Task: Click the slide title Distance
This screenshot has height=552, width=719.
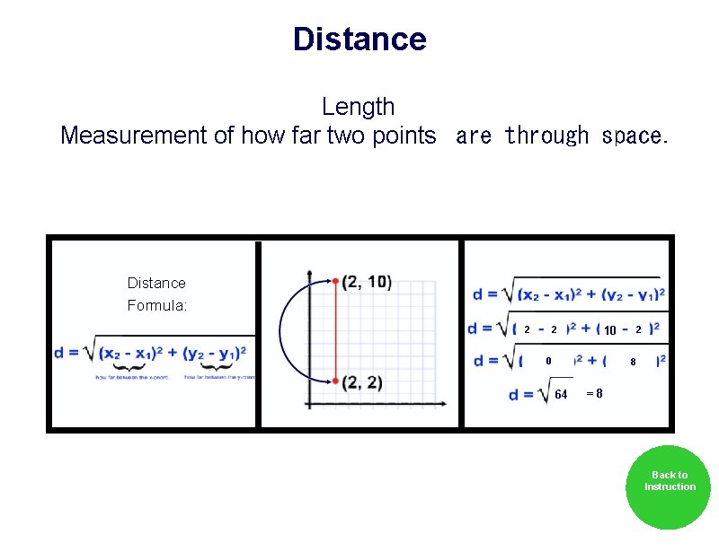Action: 359,39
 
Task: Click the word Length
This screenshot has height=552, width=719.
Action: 358,107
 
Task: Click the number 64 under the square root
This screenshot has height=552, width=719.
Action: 561,395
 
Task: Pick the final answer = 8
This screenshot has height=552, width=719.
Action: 594,393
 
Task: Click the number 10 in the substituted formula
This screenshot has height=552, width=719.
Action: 609,330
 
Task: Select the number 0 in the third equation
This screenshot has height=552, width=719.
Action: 548,362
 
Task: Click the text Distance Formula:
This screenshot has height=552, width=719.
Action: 156,294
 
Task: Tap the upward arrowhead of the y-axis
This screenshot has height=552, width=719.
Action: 309,272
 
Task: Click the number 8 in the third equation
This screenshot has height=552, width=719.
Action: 633,362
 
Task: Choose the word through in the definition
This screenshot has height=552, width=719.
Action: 546,136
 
